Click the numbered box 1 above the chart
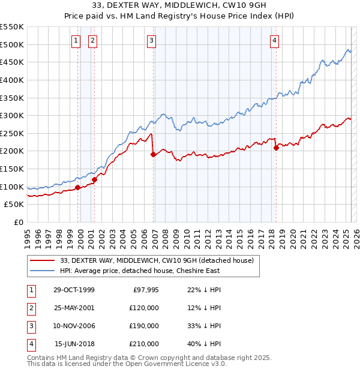point(77,41)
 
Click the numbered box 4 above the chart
point(274,41)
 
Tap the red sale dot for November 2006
point(153,154)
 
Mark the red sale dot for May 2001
point(94,179)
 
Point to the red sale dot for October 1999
point(78,187)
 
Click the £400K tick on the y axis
point(13,80)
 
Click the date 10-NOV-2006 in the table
point(74,326)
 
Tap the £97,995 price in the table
point(145,290)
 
